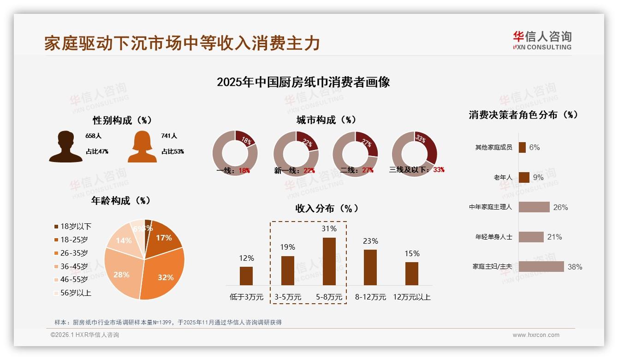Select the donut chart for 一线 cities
click(235, 153)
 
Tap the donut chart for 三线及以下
click(414, 153)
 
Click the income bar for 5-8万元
click(329, 261)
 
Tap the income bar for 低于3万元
click(246, 276)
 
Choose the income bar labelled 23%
click(370, 267)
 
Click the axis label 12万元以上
click(411, 297)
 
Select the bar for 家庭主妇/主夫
click(541, 266)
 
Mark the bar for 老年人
click(524, 177)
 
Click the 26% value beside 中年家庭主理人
click(560, 207)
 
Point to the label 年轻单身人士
click(493, 237)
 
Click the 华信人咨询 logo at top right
click(542, 40)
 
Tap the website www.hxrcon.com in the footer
click(536, 335)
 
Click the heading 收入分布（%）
click(327, 208)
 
